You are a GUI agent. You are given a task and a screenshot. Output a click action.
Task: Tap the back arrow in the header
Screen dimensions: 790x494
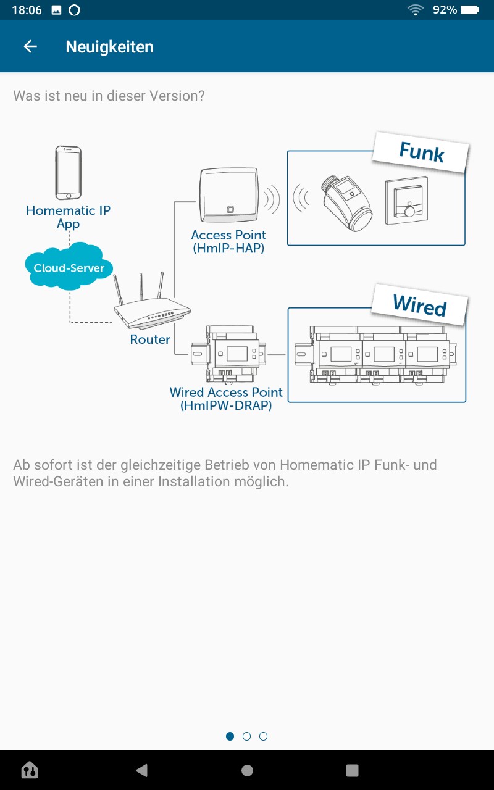30,46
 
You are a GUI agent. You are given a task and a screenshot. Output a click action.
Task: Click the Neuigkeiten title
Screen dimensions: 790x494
109,47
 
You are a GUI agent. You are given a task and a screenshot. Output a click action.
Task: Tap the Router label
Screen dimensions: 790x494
150,339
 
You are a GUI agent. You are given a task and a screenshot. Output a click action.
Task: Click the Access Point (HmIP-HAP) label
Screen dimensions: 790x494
228,241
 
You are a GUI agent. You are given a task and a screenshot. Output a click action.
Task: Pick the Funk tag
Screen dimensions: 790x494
422,152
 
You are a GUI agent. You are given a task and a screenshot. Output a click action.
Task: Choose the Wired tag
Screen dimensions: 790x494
420,305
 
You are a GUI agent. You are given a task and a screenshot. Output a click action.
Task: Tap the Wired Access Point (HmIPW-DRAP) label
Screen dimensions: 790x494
226,399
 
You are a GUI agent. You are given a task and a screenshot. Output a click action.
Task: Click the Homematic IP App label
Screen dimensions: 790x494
68,217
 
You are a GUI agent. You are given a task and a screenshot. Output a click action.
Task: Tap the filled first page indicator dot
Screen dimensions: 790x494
230,736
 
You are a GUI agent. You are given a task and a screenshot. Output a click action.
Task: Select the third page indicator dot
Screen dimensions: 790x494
264,736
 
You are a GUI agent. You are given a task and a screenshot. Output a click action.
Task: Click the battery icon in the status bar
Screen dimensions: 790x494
470,10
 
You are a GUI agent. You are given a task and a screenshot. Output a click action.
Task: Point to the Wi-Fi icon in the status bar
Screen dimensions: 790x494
416,10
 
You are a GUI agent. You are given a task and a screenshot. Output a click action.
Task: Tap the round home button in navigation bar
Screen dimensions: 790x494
247,770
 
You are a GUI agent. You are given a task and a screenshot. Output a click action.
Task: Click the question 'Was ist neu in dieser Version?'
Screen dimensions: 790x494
109,96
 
